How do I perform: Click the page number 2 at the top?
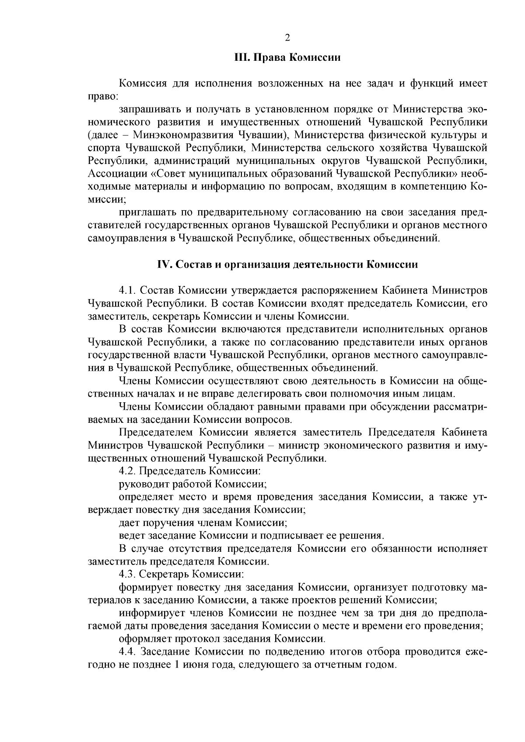pyautogui.click(x=287, y=38)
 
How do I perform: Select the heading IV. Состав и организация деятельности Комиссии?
pyautogui.click(x=287, y=265)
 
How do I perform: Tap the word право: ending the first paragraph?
pyautogui.click(x=100, y=96)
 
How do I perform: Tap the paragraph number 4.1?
pyautogui.click(x=128, y=290)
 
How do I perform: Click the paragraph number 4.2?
pyautogui.click(x=128, y=471)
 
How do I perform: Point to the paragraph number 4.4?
pyautogui.click(x=128, y=652)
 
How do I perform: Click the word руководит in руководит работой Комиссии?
pyautogui.click(x=138, y=484)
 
